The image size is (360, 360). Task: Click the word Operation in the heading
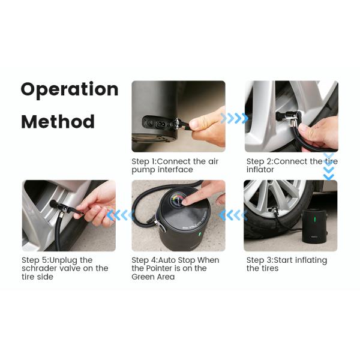[x=69, y=90]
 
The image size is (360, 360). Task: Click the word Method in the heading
[x=58, y=122]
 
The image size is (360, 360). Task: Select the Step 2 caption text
[x=292, y=166]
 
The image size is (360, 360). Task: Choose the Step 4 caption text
[x=175, y=268]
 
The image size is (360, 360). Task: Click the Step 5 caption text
[x=65, y=268]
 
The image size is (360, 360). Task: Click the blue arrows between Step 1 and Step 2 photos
[x=234, y=118]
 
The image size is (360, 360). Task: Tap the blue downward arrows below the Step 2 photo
[x=328, y=167]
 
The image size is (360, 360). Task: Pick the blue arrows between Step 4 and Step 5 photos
[x=120, y=214]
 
